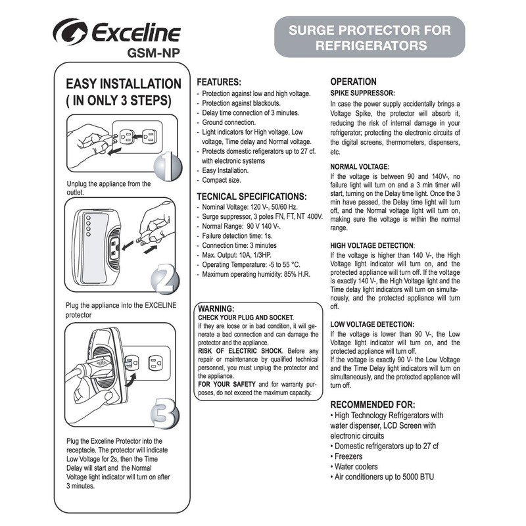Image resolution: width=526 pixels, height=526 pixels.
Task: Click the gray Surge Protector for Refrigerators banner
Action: pyautogui.click(x=370, y=37)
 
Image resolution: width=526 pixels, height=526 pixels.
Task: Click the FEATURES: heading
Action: pyautogui.click(x=220, y=84)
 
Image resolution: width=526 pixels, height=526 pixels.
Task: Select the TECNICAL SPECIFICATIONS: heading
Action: pyautogui.click(x=252, y=197)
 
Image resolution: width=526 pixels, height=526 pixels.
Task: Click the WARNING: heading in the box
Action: pyautogui.click(x=217, y=308)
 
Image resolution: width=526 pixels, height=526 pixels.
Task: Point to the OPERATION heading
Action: pyautogui.click(x=353, y=82)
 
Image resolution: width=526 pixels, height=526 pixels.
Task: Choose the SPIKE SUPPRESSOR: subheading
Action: pyautogui.click(x=362, y=93)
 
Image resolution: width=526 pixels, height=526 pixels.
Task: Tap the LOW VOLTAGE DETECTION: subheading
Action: pyautogui.click(x=372, y=324)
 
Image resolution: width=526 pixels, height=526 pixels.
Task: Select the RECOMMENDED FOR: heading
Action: pyautogui.click(x=372, y=404)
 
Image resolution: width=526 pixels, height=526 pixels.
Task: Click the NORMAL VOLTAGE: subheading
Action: pyautogui.click(x=360, y=166)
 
